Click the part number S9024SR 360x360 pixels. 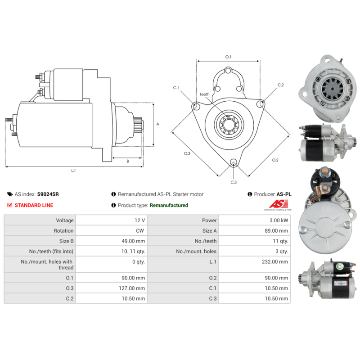point(48,194)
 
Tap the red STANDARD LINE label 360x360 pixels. point(34,205)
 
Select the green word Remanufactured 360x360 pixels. point(169,205)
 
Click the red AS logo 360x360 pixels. point(279,204)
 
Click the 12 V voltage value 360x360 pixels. point(139,220)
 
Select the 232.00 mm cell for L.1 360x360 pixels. point(275,262)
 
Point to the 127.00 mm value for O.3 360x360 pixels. point(132,288)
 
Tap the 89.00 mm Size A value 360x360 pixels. point(276,231)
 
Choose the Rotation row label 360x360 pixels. point(63,231)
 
